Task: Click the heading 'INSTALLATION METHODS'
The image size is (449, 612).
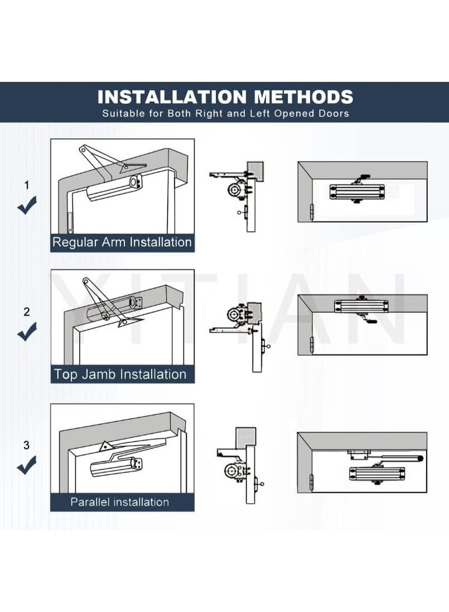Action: click(225, 96)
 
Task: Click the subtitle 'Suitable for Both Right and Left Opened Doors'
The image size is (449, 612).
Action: click(225, 113)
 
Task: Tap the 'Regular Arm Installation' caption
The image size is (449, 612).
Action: click(122, 243)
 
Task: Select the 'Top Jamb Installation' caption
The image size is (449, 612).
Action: click(120, 374)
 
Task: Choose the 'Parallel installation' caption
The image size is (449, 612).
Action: click(120, 502)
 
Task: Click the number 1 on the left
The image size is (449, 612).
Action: click(26, 185)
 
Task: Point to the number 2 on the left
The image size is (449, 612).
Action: click(26, 312)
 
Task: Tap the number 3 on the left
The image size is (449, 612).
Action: click(26, 446)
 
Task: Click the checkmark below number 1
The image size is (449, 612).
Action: click(27, 207)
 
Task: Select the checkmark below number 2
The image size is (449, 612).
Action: click(27, 334)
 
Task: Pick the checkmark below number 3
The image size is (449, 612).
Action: click(27, 465)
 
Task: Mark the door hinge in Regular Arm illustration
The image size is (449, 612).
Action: click(70, 221)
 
